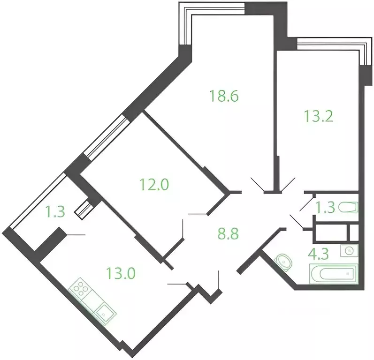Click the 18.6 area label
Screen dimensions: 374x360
(x=224, y=96)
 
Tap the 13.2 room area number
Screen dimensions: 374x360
(x=319, y=116)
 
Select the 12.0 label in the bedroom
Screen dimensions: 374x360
(x=154, y=184)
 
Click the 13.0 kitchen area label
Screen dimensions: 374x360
(x=121, y=273)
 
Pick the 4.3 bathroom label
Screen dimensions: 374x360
(x=319, y=254)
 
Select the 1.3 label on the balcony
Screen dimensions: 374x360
(x=55, y=211)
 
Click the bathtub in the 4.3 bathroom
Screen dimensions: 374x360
(x=334, y=274)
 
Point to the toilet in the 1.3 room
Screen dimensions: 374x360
(x=348, y=207)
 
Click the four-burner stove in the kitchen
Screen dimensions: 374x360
(x=80, y=289)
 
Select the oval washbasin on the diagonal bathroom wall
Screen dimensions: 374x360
(x=283, y=262)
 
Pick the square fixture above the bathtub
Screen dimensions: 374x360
(x=350, y=250)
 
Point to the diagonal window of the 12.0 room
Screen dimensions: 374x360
(x=107, y=136)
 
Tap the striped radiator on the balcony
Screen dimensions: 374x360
(x=83, y=210)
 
